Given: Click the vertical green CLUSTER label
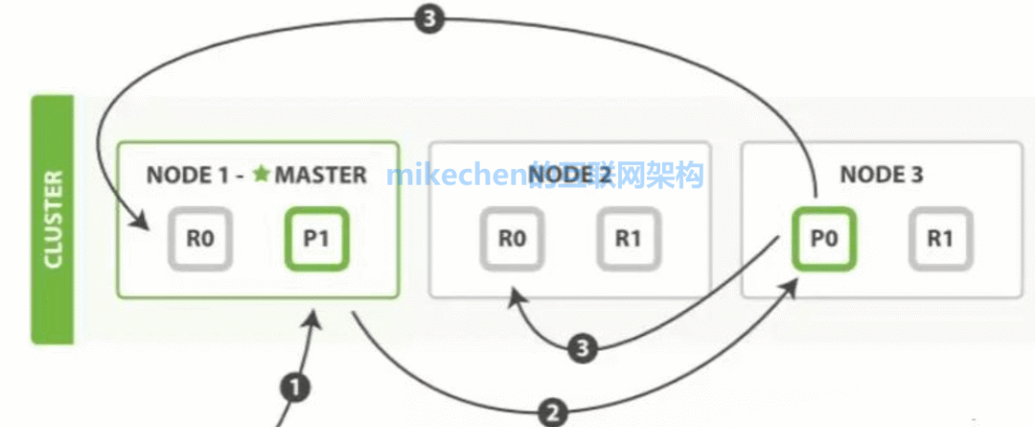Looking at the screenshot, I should [53, 220].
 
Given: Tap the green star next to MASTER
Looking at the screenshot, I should [263, 175].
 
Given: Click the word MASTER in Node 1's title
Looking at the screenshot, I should [320, 175].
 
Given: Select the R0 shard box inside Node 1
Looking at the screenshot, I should [198, 239].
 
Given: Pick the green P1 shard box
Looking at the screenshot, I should [316, 239].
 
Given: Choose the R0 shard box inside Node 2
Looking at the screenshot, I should [511, 239].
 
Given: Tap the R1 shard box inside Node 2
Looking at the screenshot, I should [628, 239].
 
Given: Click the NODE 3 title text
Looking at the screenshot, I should [881, 175].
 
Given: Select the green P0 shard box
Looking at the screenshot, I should [823, 239].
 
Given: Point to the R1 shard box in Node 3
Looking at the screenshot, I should [940, 239].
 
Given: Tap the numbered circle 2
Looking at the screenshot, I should [552, 413].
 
